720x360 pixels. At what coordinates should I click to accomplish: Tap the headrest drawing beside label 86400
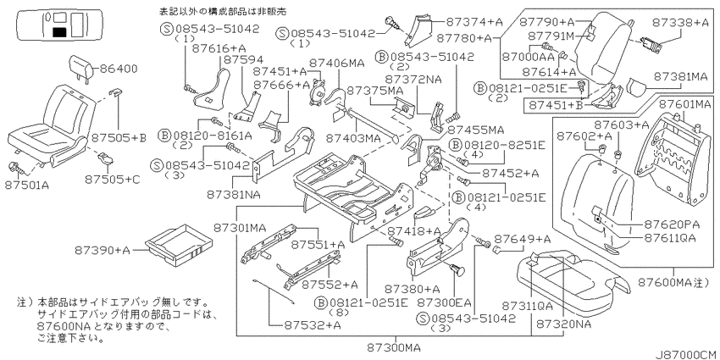click(81, 68)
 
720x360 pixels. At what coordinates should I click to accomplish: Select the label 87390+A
click(102, 250)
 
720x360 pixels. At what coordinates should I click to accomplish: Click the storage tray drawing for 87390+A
click(178, 246)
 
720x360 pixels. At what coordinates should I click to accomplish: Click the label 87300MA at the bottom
click(394, 346)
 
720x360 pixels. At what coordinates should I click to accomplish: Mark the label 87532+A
click(312, 325)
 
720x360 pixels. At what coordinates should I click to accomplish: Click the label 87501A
click(25, 185)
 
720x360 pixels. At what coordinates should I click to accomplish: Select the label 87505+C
click(112, 180)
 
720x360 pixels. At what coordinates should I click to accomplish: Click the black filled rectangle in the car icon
click(58, 32)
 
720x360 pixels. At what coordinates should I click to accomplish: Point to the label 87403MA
click(352, 138)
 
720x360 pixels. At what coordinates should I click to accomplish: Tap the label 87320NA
click(563, 324)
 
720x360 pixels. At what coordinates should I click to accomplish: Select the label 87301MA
click(240, 227)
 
